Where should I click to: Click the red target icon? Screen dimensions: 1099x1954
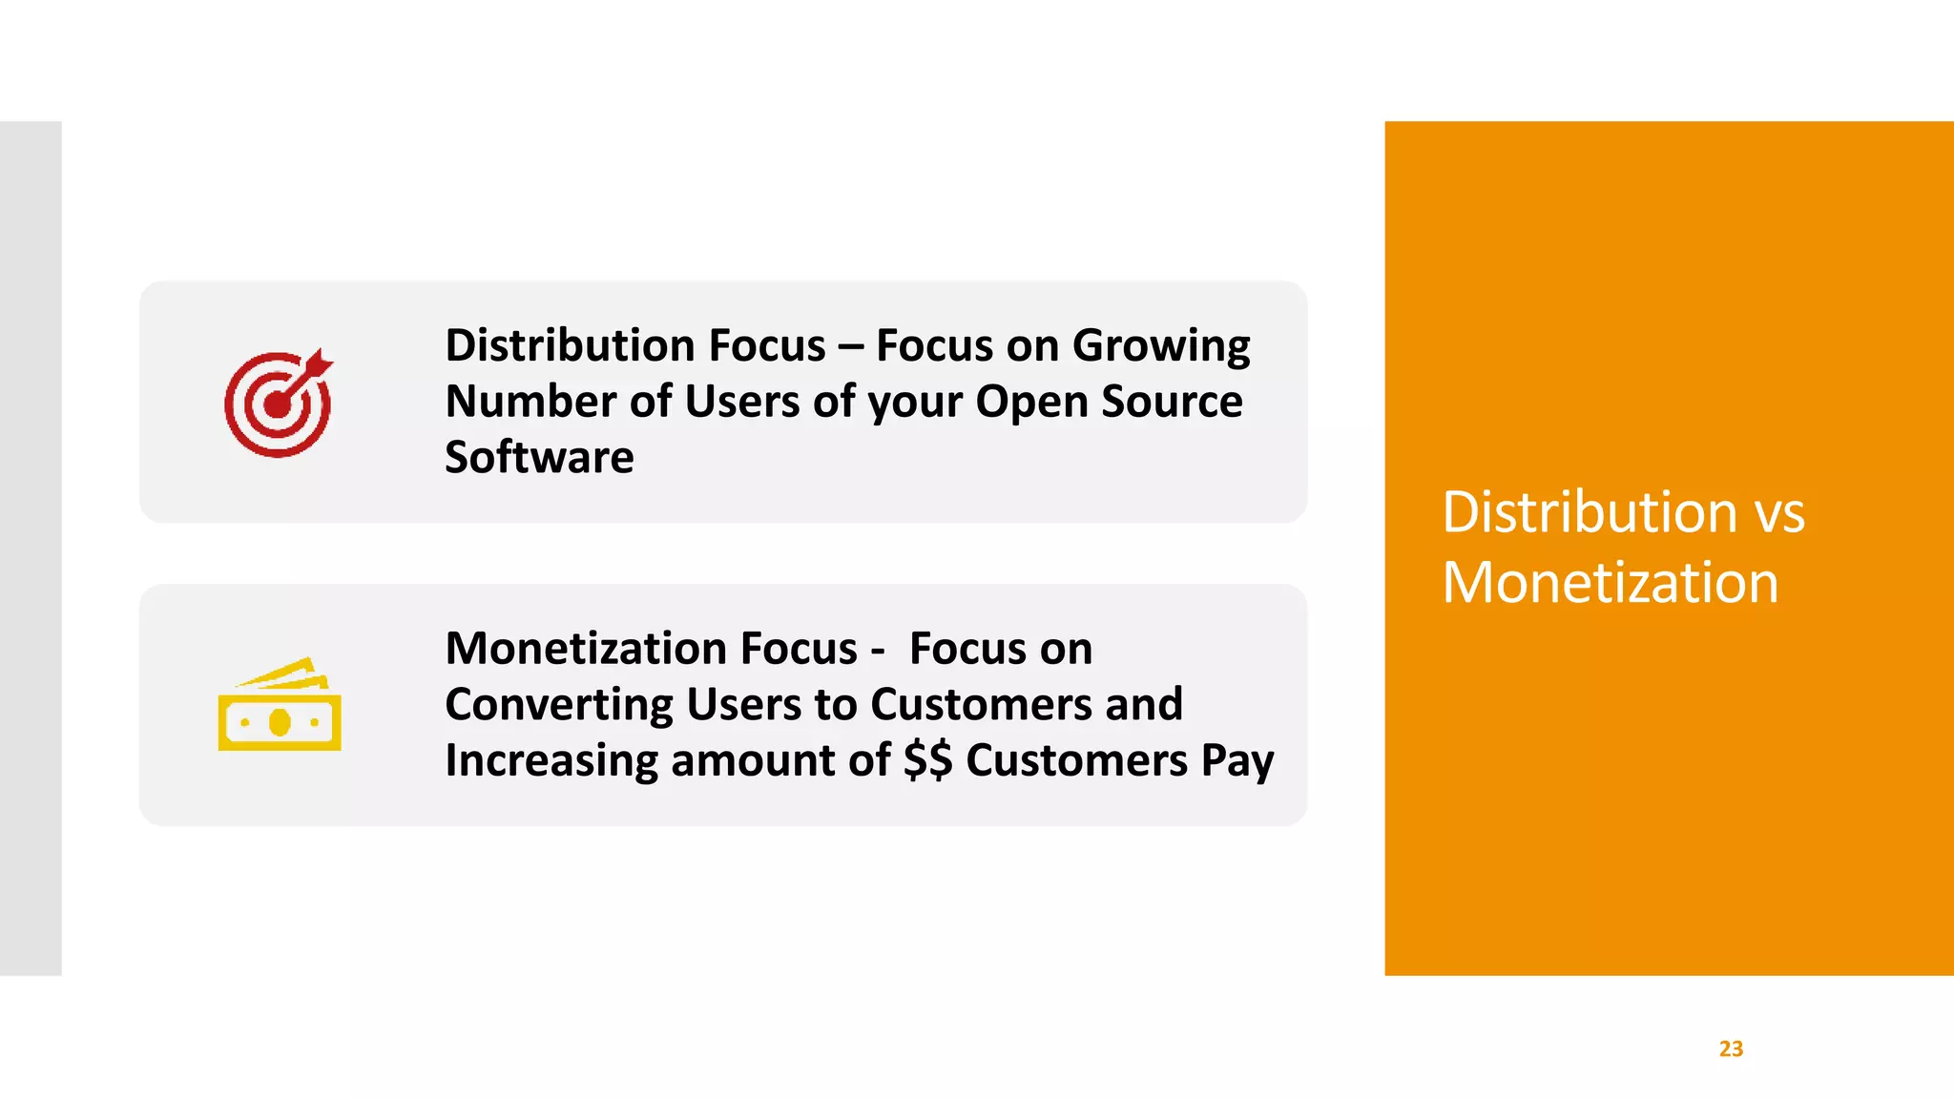tap(278, 404)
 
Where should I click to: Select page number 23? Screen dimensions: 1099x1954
tap(1731, 1048)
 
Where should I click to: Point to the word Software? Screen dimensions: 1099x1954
tap(539, 458)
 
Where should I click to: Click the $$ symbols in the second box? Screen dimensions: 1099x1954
tap(927, 761)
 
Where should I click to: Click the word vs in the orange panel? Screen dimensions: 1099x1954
tap(1780, 513)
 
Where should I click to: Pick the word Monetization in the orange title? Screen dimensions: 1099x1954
tap(1610, 583)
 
